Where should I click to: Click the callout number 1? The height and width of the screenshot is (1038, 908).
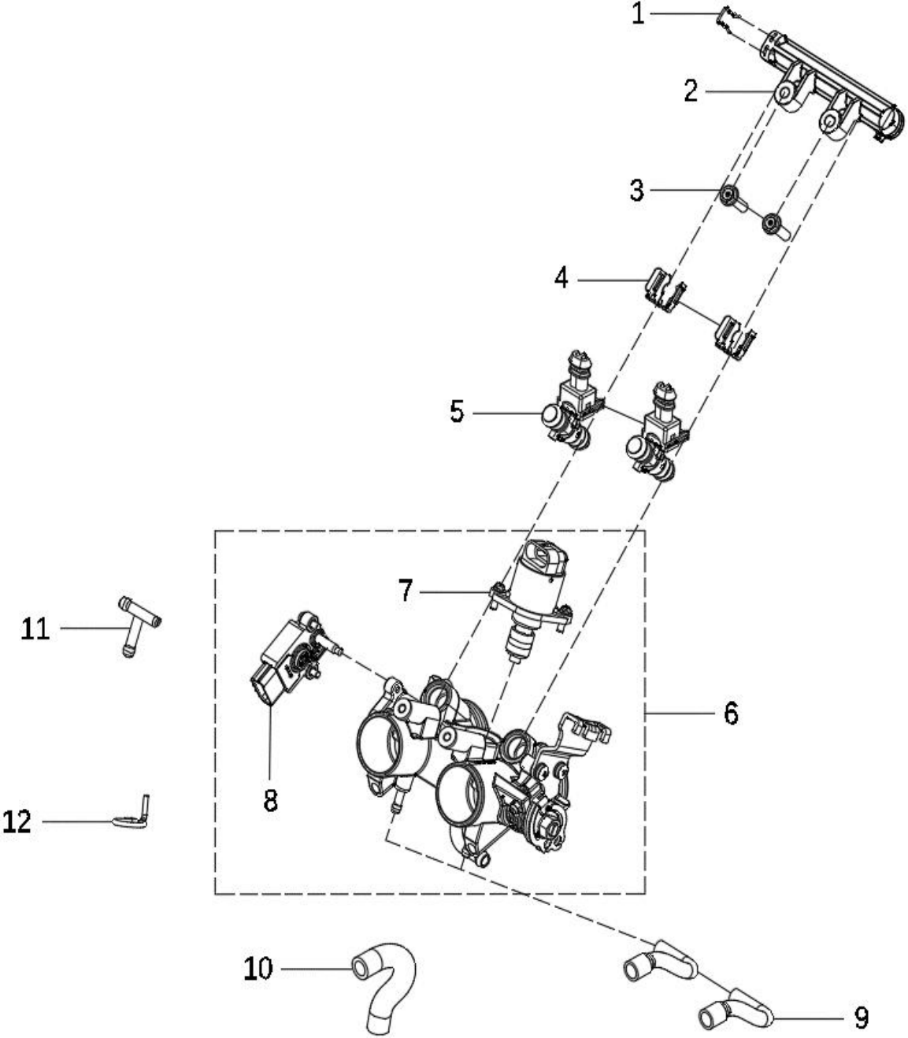(x=638, y=14)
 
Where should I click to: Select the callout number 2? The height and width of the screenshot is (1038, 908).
(x=691, y=91)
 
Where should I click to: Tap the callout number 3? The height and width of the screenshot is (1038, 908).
(x=636, y=191)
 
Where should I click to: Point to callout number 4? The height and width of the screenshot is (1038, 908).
(x=561, y=278)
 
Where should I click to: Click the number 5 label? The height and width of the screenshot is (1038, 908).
(x=457, y=411)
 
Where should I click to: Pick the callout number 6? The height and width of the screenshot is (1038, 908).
(x=731, y=714)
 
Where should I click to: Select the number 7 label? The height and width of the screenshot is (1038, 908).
(x=406, y=591)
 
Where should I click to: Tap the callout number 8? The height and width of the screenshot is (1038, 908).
(x=270, y=801)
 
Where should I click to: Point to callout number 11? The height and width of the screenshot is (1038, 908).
(x=35, y=629)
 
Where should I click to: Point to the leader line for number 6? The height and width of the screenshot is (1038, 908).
(x=679, y=714)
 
